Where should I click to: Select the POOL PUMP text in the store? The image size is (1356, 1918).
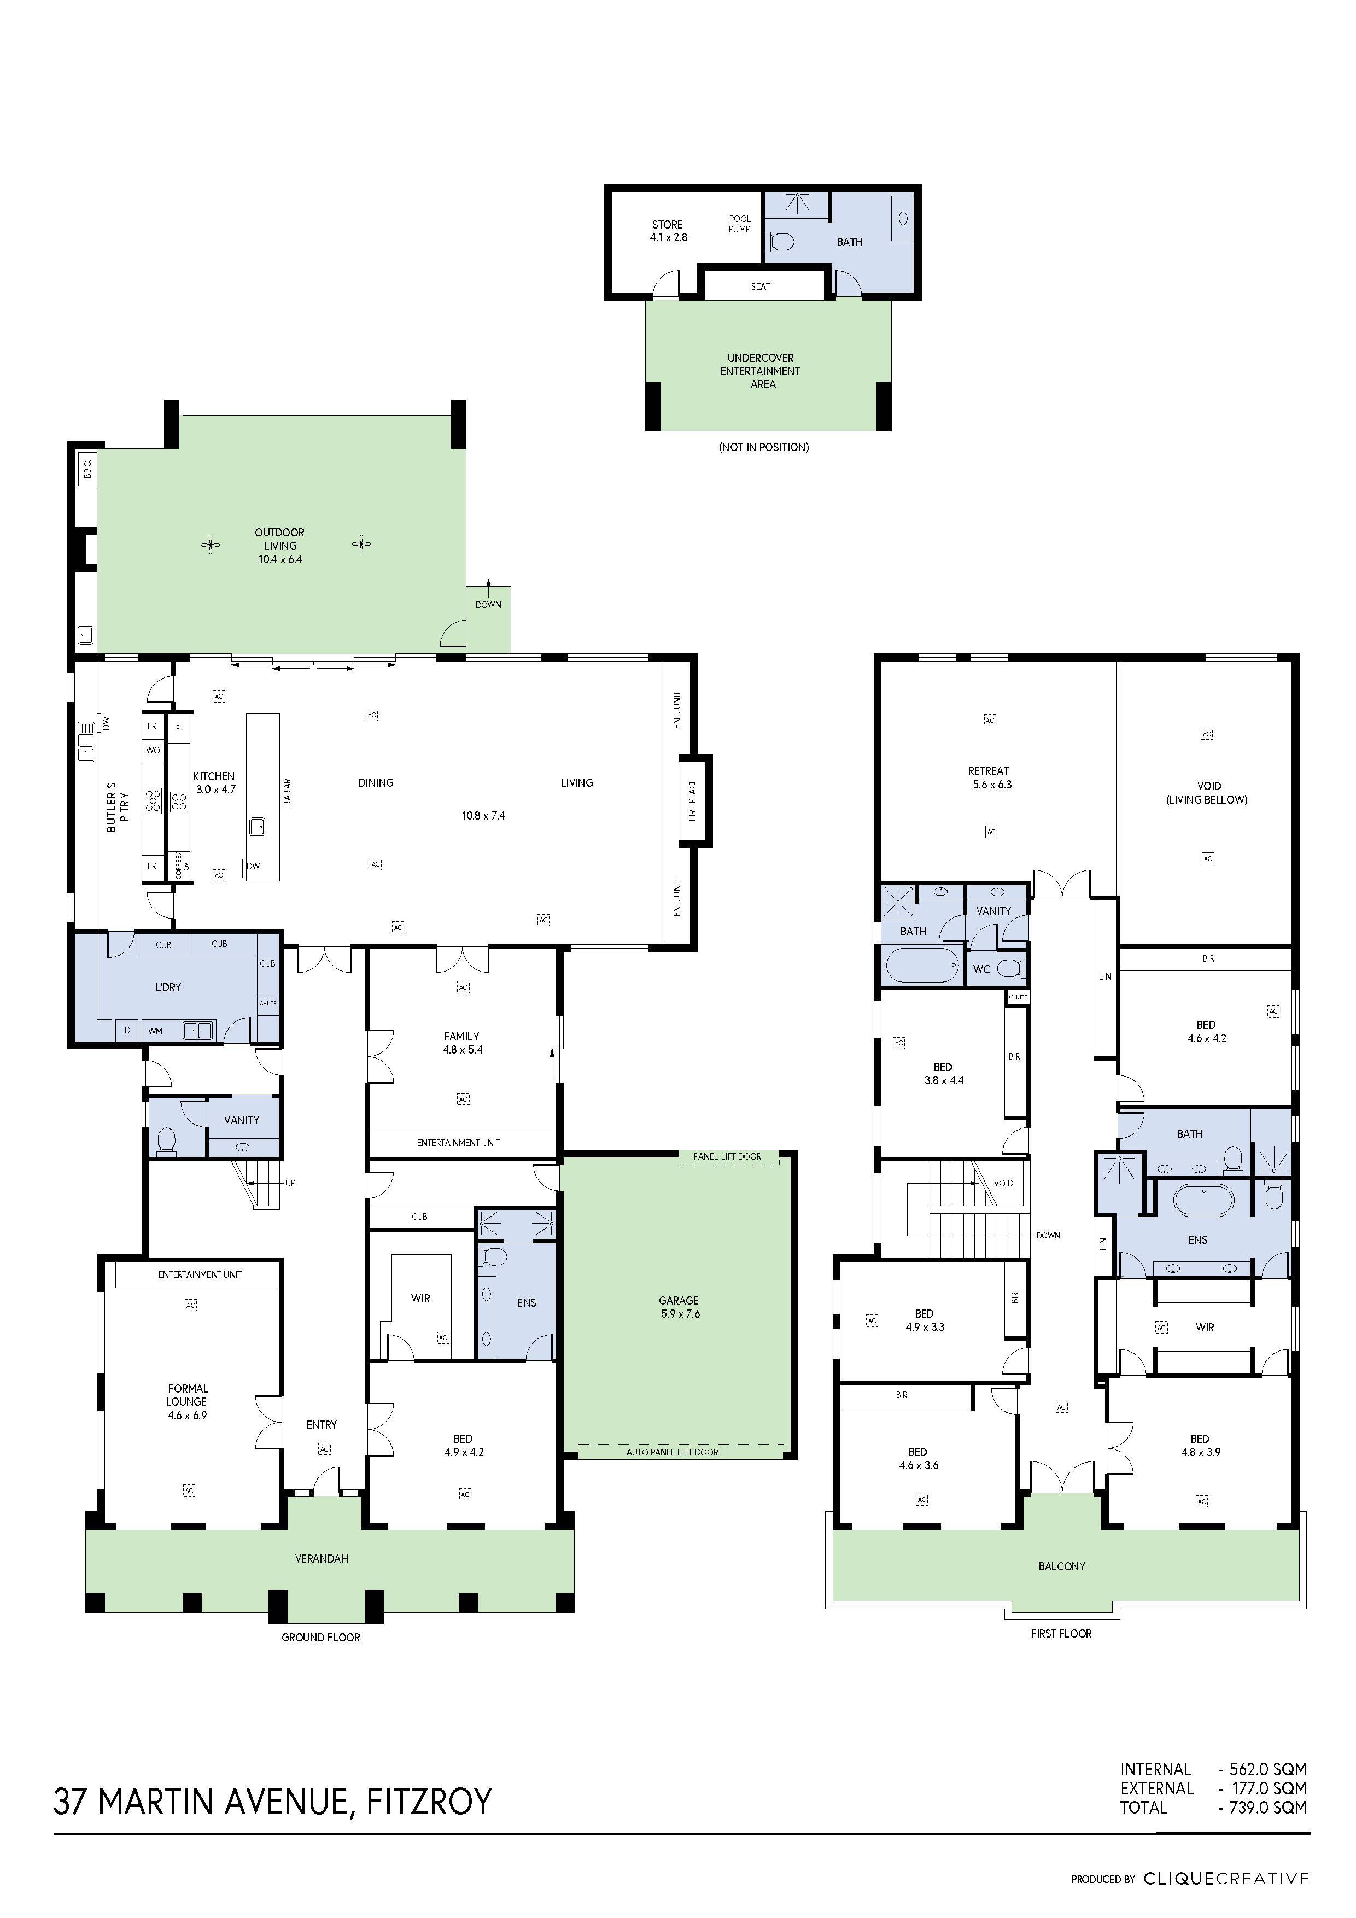coord(739,224)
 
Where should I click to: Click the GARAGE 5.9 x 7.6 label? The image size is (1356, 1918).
coord(679,1307)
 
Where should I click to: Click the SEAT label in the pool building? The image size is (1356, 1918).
coord(761,286)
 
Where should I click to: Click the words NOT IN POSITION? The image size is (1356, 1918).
coord(764,447)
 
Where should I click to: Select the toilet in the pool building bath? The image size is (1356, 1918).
coord(780,242)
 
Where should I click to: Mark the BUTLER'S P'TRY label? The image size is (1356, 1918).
coord(118,808)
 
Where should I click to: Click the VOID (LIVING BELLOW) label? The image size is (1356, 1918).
coord(1207,793)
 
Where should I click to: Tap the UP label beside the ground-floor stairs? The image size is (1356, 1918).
coord(290,1183)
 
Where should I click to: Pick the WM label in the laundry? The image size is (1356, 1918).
coord(155,1031)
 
